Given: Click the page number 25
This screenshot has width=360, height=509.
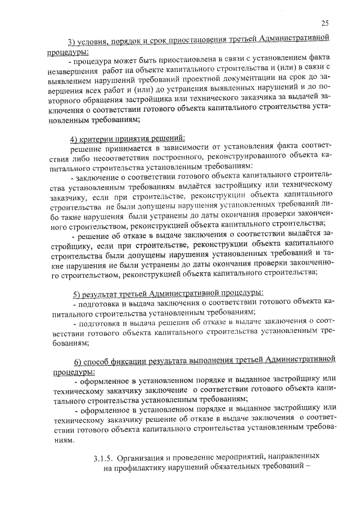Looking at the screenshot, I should click(x=325, y=23).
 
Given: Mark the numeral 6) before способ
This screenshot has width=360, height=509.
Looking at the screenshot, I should click(x=79, y=361).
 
